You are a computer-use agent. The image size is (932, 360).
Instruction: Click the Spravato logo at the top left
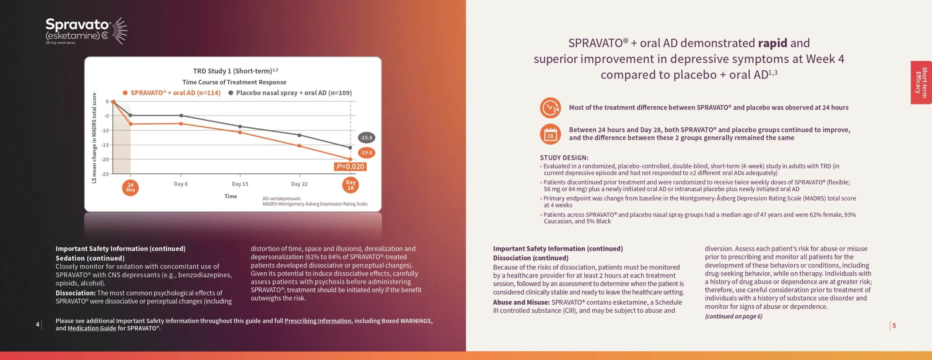pos(86,31)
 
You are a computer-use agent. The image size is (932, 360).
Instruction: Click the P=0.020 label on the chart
pos(350,167)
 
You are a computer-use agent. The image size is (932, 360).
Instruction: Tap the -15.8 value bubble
pos(366,138)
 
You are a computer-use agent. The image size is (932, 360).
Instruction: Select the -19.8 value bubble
pos(366,153)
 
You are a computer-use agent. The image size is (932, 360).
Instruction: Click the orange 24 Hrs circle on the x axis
pos(130,187)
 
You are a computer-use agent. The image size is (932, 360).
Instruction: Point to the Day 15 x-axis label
pos(240,184)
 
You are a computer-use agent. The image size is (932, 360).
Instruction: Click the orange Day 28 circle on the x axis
pos(351,185)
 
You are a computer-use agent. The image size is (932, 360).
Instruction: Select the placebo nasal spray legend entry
pos(290,93)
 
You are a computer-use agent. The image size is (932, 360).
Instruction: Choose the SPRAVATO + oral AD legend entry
pos(172,93)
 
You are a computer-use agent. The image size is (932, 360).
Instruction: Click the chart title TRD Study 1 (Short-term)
pos(236,71)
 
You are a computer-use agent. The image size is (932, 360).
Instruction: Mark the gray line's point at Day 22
pos(299,135)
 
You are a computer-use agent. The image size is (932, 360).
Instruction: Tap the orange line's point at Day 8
pos(181,124)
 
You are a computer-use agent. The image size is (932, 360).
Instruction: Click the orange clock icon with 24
pos(550,108)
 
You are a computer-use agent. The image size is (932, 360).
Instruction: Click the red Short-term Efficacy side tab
pos(921,83)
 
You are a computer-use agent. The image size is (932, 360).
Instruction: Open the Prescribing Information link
pos(318,321)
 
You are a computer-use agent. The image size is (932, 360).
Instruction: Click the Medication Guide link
pos(92,328)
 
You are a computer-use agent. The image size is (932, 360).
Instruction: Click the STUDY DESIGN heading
pos(564,158)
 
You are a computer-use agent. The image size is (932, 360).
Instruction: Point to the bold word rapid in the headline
pos(773,43)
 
